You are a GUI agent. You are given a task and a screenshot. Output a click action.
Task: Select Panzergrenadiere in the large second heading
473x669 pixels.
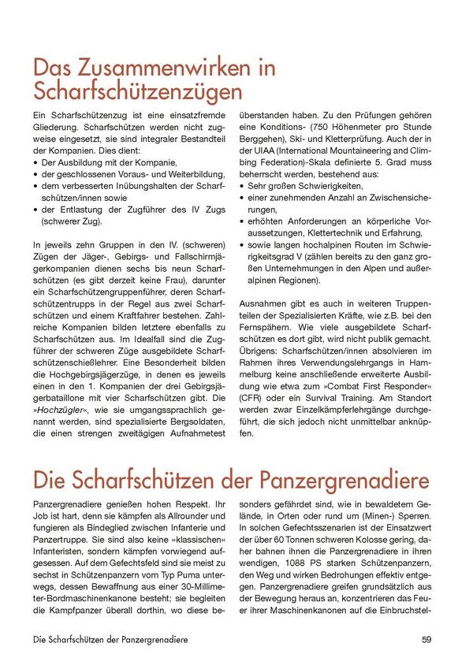(x=342, y=480)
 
